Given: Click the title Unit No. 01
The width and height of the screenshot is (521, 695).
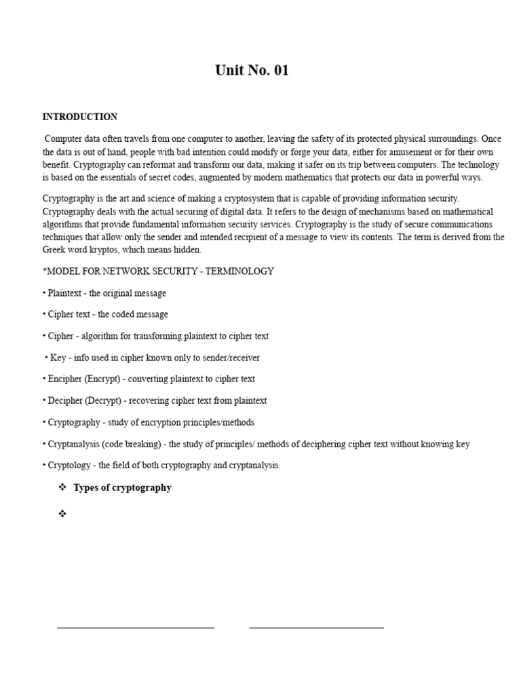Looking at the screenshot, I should pyautogui.click(x=252, y=71).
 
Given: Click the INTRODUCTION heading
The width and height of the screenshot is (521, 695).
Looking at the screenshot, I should pyautogui.click(x=79, y=117).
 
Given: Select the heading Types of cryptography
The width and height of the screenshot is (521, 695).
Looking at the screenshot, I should pyautogui.click(x=122, y=487).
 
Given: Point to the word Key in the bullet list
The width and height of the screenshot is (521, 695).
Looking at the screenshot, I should pyautogui.click(x=58, y=358).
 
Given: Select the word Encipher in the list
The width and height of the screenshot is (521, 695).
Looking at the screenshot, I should pyautogui.click(x=65, y=379).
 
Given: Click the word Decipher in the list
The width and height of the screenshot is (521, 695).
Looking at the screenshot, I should pyautogui.click(x=66, y=400).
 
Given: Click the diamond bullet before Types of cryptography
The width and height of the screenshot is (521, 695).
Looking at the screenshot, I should pyautogui.click(x=62, y=487).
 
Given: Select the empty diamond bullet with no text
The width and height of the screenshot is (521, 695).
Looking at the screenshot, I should pyautogui.click(x=62, y=514).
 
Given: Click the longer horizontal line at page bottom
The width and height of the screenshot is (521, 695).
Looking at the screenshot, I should pyautogui.click(x=136, y=628).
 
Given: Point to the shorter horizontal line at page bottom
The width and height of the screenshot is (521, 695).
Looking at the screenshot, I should pyautogui.click(x=316, y=628).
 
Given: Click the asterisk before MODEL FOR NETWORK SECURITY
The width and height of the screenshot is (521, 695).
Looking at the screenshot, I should pyautogui.click(x=45, y=271).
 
